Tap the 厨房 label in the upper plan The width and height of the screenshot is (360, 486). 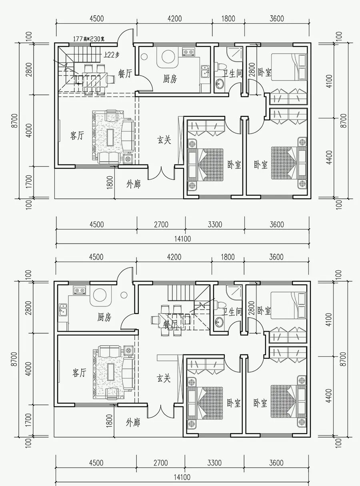tap(170, 79)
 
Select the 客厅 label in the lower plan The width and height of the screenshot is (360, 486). tap(79, 372)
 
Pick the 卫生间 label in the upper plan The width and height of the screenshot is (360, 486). tap(233, 74)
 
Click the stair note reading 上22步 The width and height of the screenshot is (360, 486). tap(111, 54)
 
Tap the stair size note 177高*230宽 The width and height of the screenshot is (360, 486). tap(89, 39)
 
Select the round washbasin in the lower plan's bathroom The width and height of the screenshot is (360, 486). tap(219, 322)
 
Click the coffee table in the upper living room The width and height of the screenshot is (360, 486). tap(110, 137)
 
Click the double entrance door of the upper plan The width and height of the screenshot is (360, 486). tap(162, 173)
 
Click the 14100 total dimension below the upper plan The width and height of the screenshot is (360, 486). tap(182, 239)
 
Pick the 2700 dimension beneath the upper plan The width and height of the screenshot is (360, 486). tap(161, 224)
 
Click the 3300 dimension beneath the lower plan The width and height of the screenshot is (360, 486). tap(214, 463)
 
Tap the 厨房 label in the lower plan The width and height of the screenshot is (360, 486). tap(104, 317)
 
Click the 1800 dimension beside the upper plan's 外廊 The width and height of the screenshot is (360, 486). tap(110, 182)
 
